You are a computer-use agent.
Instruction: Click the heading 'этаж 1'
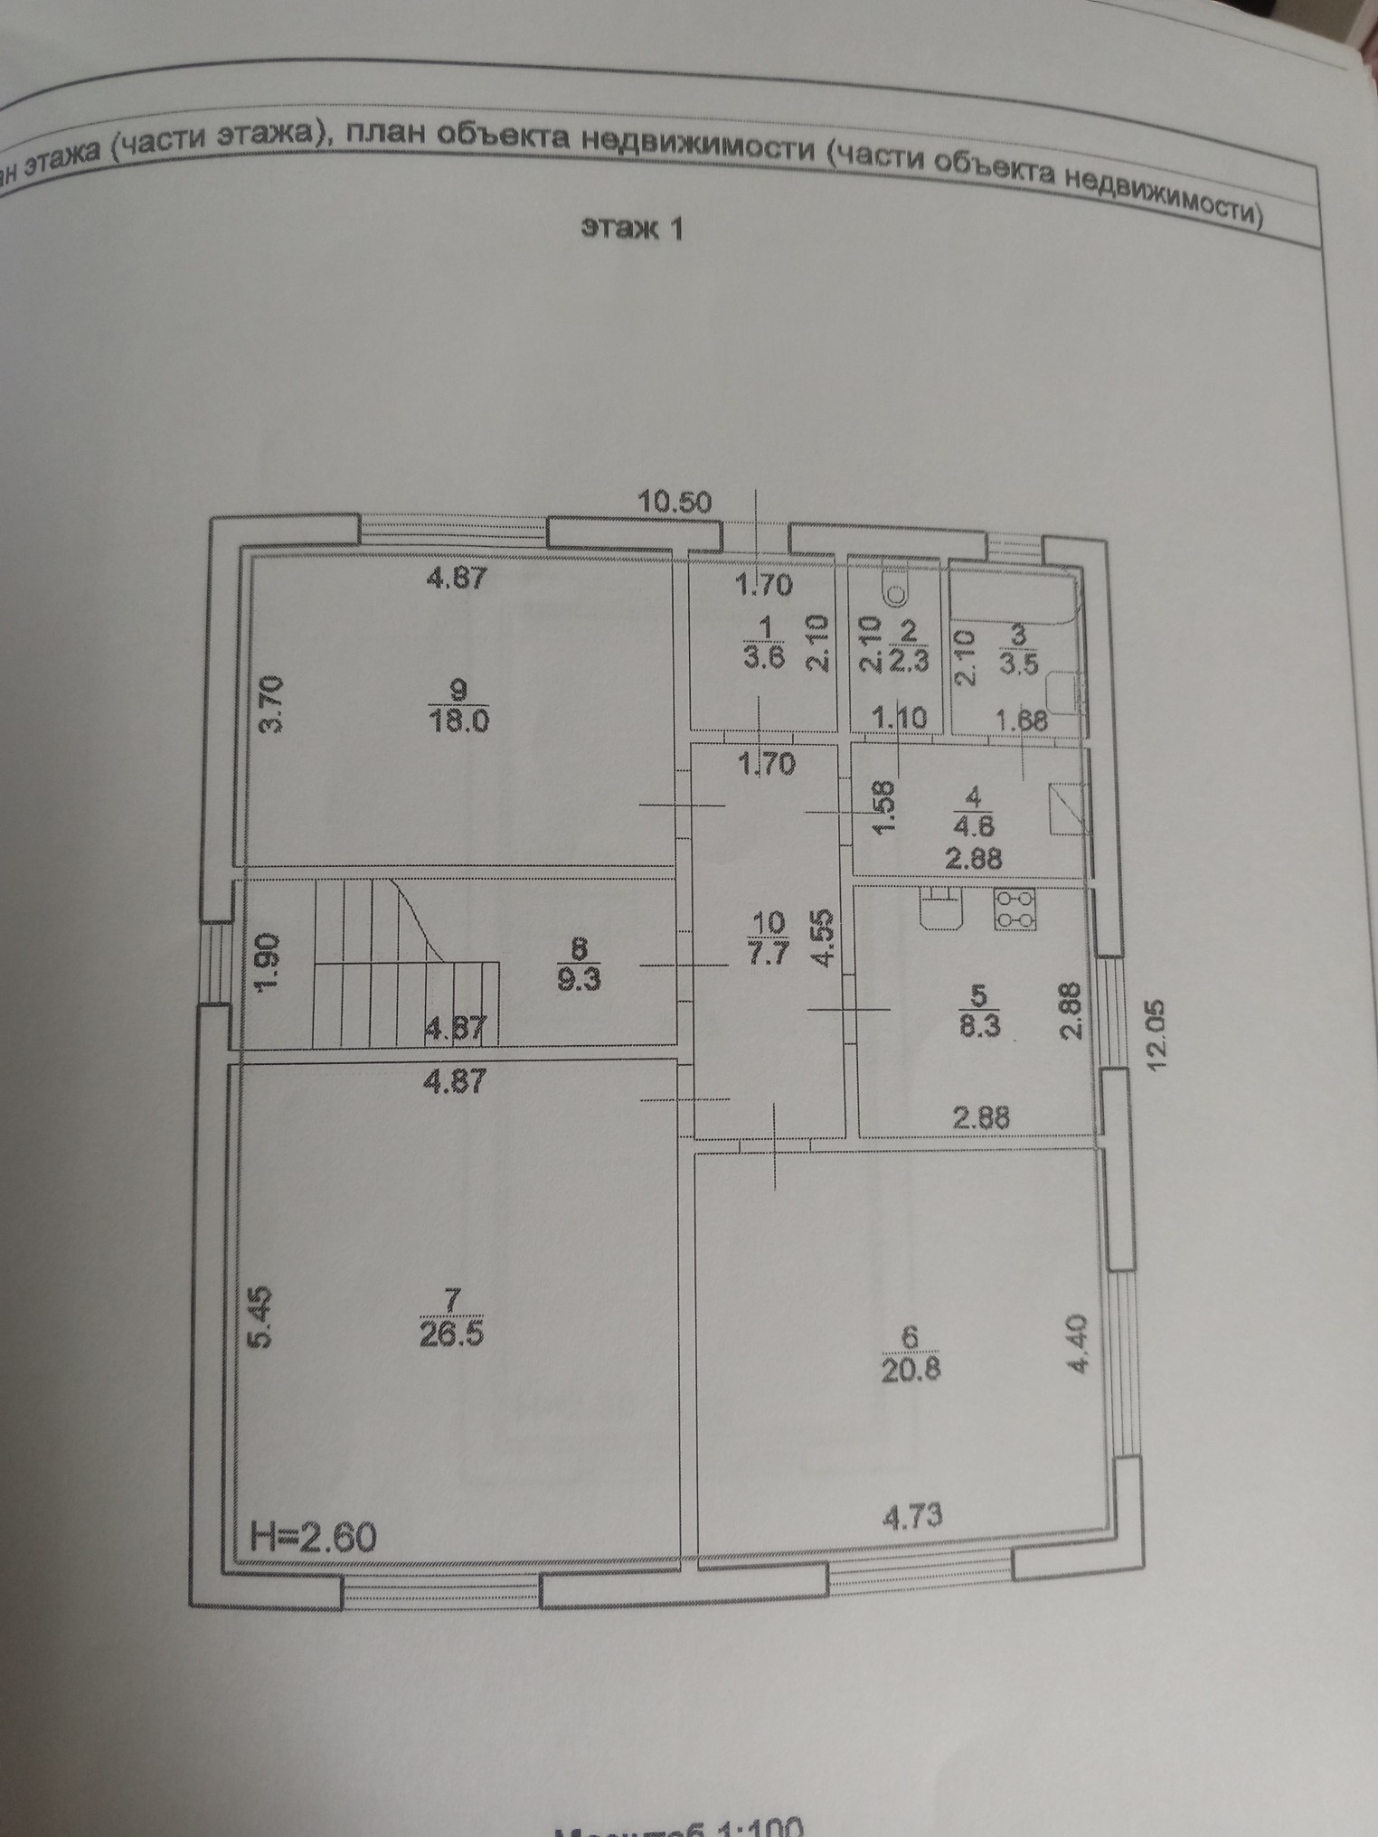(632, 229)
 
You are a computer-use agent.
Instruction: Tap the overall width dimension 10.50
(675, 502)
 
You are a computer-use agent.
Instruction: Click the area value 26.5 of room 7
(452, 1335)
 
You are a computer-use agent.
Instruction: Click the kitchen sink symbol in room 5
(940, 909)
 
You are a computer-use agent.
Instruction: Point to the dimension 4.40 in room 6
(1079, 1346)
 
